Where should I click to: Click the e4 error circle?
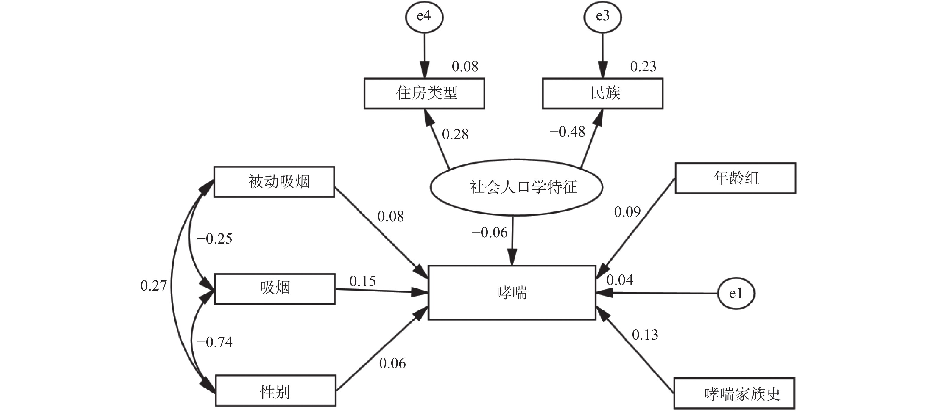pyautogui.click(x=424, y=17)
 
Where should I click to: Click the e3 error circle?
pyautogui.click(x=603, y=17)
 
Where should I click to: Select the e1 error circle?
pyautogui.click(x=736, y=294)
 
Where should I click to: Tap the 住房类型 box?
pyautogui.click(x=424, y=93)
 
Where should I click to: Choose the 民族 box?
pyautogui.click(x=603, y=93)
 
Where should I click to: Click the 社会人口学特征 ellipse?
pyautogui.click(x=516, y=187)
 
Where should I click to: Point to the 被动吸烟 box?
pyautogui.click(x=274, y=182)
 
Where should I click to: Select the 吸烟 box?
pyautogui.click(x=275, y=289)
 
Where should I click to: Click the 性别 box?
pyautogui.click(x=276, y=391)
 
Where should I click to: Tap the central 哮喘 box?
pyautogui.click(x=512, y=293)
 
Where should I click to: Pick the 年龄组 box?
pyautogui.click(x=736, y=178)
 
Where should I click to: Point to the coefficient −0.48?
pyautogui.click(x=567, y=132)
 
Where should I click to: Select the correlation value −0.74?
pyautogui.click(x=214, y=342)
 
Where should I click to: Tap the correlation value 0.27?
pyautogui.click(x=153, y=286)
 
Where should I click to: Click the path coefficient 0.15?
pyautogui.click(x=362, y=281)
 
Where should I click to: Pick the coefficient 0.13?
pyautogui.click(x=645, y=335)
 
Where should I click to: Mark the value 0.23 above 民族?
pyautogui.click(x=643, y=67)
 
